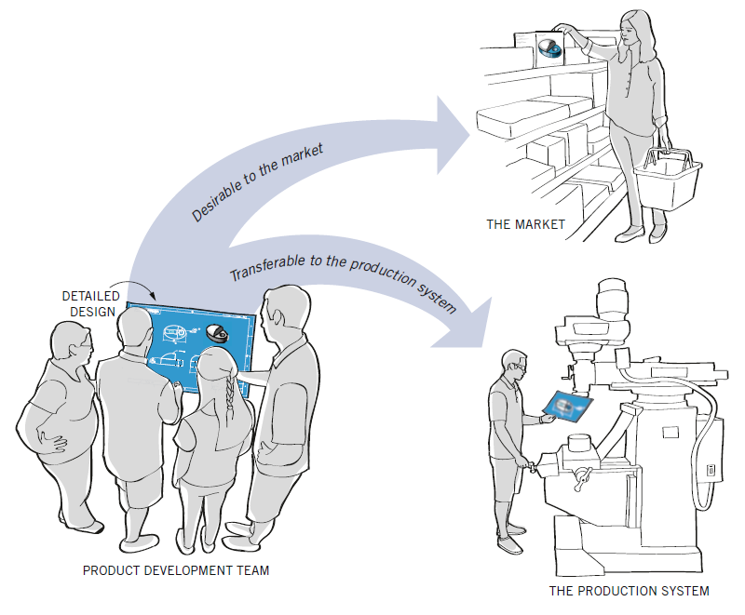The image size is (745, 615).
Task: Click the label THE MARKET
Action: tap(525, 224)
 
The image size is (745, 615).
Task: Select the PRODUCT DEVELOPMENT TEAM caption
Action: tap(175, 570)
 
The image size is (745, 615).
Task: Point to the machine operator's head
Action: tap(514, 365)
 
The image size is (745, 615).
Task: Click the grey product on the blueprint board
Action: tap(218, 333)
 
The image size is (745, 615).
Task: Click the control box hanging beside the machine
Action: tap(711, 470)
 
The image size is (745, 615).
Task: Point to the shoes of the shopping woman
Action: tap(643, 233)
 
